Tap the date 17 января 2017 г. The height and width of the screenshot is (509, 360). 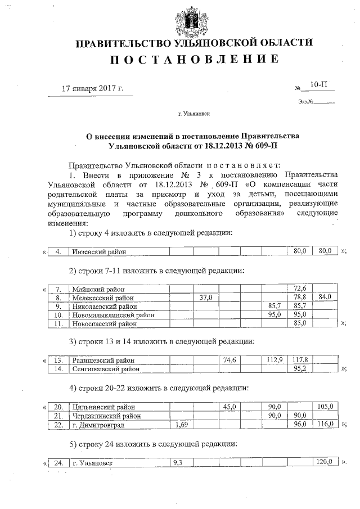92,89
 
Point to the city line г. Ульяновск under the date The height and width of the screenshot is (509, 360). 193,114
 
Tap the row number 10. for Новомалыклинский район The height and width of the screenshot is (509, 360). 58,315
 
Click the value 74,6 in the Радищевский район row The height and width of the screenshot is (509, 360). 229,360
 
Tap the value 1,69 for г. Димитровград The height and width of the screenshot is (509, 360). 181,425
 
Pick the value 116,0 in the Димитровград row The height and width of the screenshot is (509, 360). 326,425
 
